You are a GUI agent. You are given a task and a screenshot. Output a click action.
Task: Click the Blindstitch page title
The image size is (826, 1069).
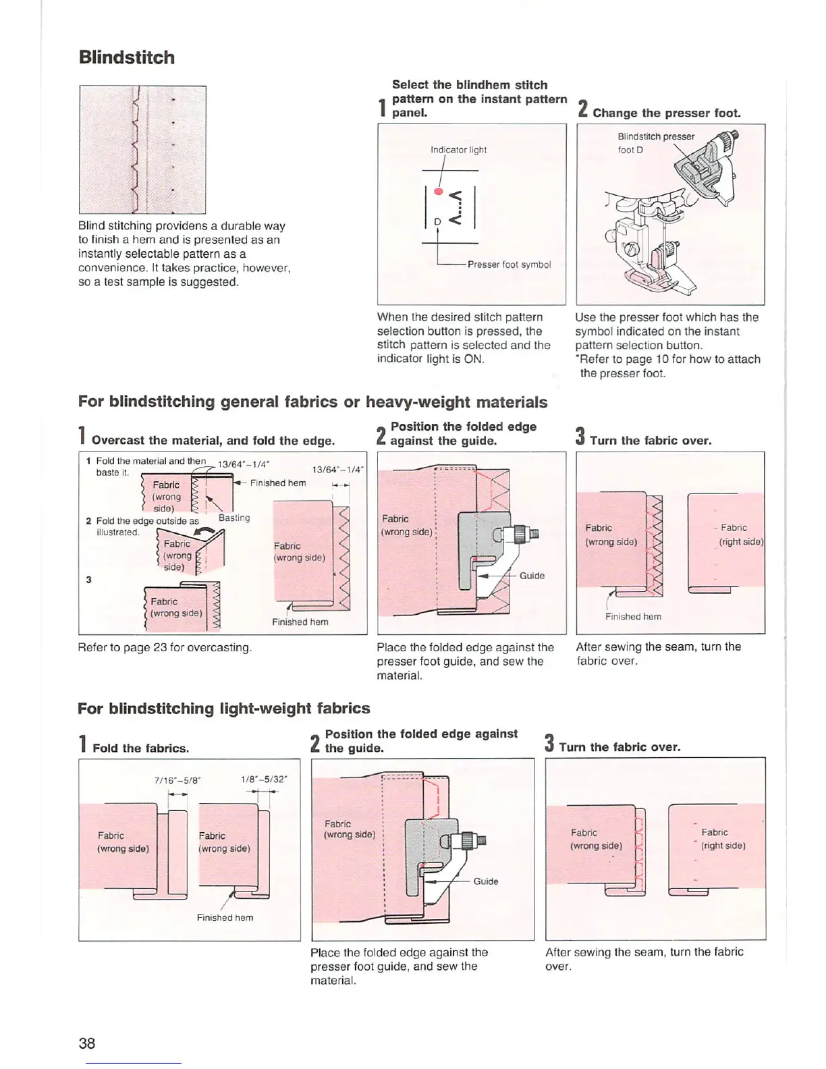pos(126,57)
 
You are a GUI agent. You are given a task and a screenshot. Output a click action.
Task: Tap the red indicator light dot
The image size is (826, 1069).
pos(438,192)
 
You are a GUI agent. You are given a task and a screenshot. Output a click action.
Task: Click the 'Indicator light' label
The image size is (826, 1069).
pos(458,150)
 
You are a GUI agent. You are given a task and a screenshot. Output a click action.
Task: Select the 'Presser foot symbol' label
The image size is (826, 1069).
pos(509,265)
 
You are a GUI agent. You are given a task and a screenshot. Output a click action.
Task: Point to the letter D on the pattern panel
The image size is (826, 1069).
pos(437,221)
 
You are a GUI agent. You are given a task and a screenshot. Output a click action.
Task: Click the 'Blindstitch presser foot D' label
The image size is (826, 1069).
pos(655,142)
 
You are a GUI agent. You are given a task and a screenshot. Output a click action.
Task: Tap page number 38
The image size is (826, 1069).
pos(87,1043)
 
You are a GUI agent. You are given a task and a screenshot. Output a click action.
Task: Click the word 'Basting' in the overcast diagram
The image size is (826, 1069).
pos(234,518)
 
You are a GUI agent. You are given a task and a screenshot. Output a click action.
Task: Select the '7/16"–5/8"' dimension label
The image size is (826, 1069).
pos(177,780)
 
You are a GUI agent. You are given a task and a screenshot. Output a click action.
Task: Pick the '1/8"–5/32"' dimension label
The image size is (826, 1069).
pos(264,779)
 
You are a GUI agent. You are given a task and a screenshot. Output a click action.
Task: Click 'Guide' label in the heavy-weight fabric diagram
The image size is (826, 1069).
pos(532,576)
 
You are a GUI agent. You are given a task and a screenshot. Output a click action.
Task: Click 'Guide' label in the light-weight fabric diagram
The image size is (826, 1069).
pos(486,881)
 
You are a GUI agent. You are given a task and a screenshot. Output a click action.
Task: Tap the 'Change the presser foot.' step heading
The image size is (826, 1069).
pos(666,113)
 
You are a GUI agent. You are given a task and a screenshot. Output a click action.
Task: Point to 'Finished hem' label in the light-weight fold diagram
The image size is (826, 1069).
pos(225,918)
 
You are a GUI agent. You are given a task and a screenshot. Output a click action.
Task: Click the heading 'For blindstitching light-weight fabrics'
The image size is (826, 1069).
pos(224,709)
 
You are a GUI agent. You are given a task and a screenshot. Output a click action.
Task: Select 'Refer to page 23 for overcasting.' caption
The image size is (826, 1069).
pos(165,648)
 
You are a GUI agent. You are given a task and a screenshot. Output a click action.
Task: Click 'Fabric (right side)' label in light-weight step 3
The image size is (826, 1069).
pos(723,839)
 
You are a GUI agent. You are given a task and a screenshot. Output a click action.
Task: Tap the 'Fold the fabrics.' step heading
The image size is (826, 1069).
pos(140,748)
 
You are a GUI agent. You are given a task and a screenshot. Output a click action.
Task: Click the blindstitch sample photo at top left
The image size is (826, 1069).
pos(142,149)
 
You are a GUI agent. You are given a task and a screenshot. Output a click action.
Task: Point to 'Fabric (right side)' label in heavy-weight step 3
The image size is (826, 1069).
pos(740,534)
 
